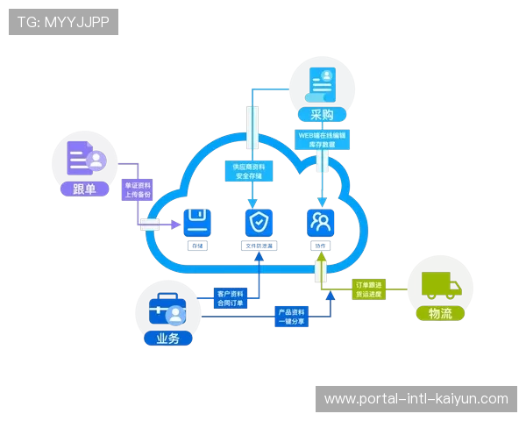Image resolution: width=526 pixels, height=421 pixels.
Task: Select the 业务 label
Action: click(x=168, y=338)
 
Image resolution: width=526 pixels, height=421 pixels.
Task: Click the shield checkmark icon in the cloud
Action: click(x=257, y=221)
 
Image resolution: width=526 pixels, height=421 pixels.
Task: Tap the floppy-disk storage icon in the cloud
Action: click(x=196, y=220)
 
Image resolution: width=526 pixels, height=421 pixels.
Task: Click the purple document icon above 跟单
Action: click(x=85, y=159)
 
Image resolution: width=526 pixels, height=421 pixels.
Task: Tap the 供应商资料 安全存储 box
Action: click(x=251, y=170)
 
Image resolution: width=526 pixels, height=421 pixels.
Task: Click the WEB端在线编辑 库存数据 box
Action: click(x=323, y=141)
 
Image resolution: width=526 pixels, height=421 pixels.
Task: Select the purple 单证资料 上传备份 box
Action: click(x=136, y=191)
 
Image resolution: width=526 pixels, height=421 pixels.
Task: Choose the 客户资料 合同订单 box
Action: click(x=230, y=298)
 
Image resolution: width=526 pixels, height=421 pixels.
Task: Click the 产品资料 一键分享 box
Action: click(x=291, y=317)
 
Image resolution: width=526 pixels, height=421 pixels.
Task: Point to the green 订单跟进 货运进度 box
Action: click(x=369, y=289)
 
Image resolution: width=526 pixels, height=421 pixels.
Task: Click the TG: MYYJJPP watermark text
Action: click(x=63, y=22)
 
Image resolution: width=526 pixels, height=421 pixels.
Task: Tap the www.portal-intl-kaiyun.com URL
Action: click(x=416, y=399)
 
